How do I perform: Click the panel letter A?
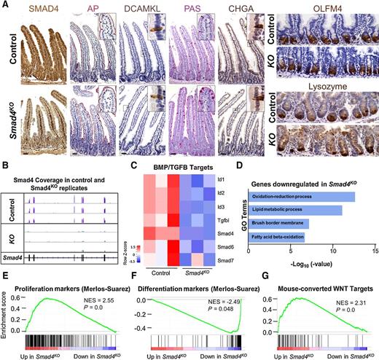click(x=5, y=6)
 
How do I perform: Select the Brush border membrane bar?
click(x=280, y=223)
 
